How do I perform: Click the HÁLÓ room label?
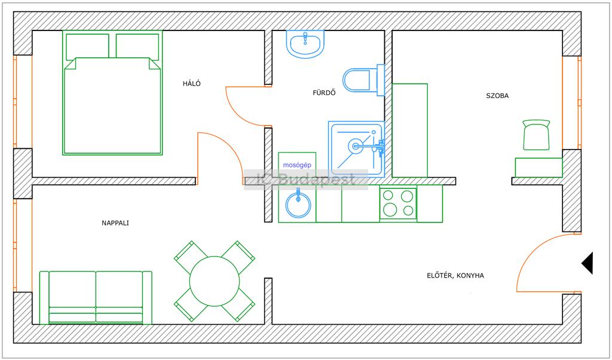click(192, 84)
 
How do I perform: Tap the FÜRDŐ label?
click(324, 93)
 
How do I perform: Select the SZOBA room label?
click(497, 96)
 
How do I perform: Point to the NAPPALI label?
click(115, 223)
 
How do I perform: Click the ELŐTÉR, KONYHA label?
click(455, 276)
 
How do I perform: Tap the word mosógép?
click(297, 165)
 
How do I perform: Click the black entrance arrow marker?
click(587, 263)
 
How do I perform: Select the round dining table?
click(215, 281)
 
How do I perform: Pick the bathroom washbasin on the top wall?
click(305, 44)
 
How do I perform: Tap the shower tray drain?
click(356, 147)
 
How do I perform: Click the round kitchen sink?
click(298, 205)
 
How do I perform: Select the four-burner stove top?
click(398, 203)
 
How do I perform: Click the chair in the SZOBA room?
click(536, 135)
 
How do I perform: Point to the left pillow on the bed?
click(87, 47)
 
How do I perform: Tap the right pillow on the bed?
click(137, 47)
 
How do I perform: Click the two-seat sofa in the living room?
click(96, 298)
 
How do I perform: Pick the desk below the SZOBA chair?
click(538, 167)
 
